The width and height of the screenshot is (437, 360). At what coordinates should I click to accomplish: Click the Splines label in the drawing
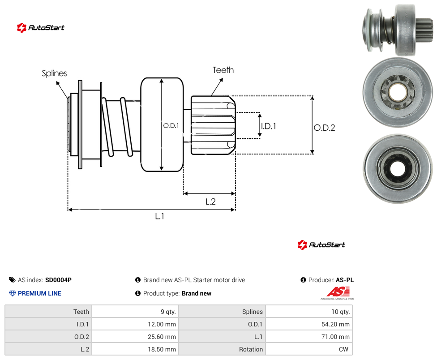click(54, 73)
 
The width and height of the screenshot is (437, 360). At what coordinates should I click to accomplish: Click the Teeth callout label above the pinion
click(223, 70)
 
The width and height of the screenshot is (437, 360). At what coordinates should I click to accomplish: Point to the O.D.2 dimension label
click(325, 128)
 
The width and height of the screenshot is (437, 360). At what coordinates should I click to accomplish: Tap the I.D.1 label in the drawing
click(269, 126)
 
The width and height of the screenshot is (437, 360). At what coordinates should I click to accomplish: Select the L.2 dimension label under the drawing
click(211, 201)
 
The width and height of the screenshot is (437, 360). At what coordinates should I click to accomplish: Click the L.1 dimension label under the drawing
click(160, 216)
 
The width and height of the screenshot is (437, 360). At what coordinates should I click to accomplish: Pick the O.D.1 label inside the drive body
click(171, 126)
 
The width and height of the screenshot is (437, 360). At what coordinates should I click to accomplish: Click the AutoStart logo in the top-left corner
click(41, 28)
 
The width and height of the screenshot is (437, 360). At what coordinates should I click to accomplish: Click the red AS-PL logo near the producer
click(338, 293)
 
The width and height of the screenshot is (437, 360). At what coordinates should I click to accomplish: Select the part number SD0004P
click(58, 280)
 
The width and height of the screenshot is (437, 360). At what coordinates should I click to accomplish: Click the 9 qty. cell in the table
click(135, 312)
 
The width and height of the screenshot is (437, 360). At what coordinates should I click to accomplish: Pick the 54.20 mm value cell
click(309, 324)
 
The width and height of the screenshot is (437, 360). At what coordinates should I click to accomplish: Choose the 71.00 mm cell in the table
click(309, 337)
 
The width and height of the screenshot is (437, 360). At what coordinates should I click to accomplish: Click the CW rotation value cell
click(309, 349)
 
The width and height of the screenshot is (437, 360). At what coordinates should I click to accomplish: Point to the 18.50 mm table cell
click(135, 349)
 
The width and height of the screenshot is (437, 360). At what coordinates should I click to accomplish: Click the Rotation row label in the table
click(251, 349)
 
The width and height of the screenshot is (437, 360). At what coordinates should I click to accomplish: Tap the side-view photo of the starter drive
click(398, 30)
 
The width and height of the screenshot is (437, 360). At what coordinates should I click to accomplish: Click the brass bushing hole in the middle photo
click(397, 93)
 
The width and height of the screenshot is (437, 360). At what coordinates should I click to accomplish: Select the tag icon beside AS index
click(12, 280)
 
